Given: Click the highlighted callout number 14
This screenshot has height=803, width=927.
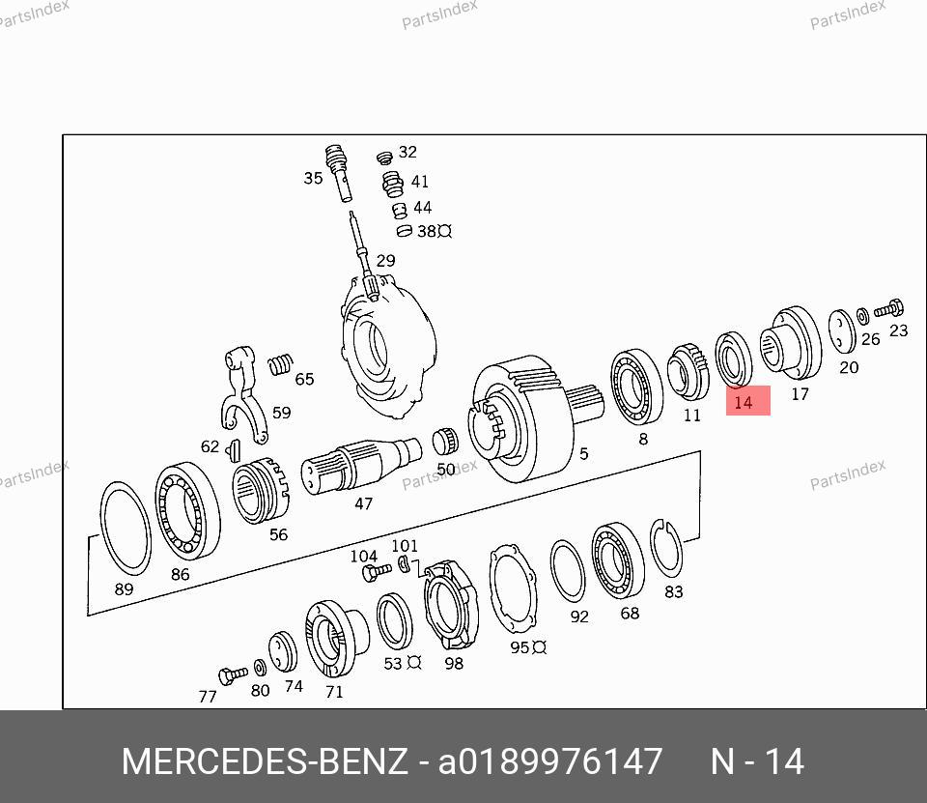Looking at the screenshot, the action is [x=744, y=402].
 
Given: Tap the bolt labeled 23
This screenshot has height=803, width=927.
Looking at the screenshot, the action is [x=889, y=308].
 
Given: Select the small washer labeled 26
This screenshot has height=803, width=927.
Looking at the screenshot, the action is [x=862, y=316].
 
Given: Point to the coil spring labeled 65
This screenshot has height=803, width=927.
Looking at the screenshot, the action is [x=280, y=364].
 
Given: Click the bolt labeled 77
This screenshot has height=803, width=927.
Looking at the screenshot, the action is [x=233, y=675].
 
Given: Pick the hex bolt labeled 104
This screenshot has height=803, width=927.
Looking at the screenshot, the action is [x=376, y=572].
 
